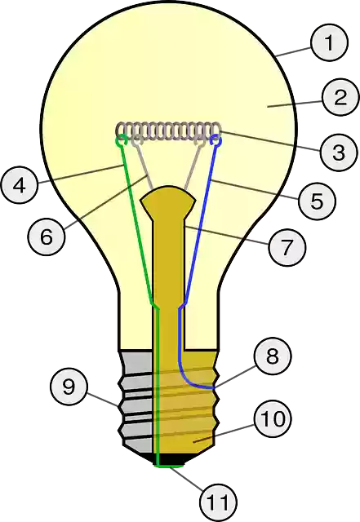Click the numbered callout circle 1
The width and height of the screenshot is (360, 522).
[328, 43]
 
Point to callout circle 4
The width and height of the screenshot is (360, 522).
[20, 184]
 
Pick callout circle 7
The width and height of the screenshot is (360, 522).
[287, 247]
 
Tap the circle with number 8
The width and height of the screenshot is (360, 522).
[271, 356]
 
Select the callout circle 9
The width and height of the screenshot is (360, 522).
[69, 386]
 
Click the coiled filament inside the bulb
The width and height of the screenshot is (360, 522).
[170, 130]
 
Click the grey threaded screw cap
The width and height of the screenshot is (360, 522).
[135, 400]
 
